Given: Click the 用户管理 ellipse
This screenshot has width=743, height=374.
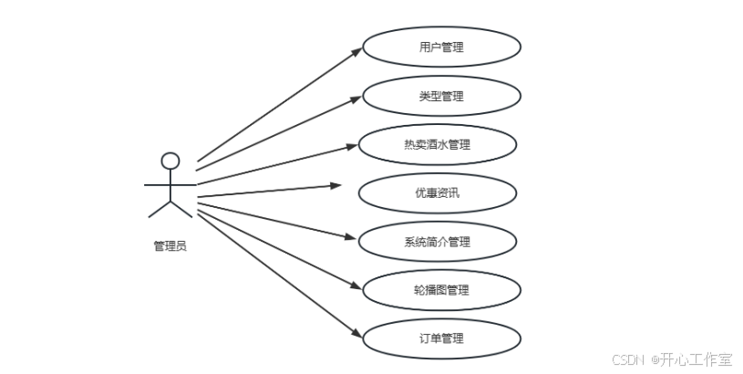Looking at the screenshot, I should point(441,47).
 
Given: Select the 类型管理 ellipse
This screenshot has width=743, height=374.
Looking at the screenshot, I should point(441,95).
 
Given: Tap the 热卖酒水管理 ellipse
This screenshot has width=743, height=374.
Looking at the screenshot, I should point(438,144).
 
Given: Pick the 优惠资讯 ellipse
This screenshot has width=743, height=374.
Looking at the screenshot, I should point(438,192).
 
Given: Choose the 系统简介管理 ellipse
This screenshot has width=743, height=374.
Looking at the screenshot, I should point(438,241).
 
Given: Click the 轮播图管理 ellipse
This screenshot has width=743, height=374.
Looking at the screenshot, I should point(441,290).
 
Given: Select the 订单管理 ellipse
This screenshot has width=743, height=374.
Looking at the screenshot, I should point(441,338).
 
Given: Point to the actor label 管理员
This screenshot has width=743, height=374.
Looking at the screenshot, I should point(170,245).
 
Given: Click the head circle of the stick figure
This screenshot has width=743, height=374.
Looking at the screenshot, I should point(170,161).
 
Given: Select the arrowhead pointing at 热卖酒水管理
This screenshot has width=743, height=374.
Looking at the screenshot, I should point(351,145).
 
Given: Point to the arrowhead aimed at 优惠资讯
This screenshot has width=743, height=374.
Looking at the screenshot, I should point(335,185).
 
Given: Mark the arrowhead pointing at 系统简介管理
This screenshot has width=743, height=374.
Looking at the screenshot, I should point(351,238).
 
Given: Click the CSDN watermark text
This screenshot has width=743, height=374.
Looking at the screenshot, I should point(628,359).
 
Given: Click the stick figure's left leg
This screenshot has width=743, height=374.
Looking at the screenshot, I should point(159,209).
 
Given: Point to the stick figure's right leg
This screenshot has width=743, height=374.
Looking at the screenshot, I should point(182,209).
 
